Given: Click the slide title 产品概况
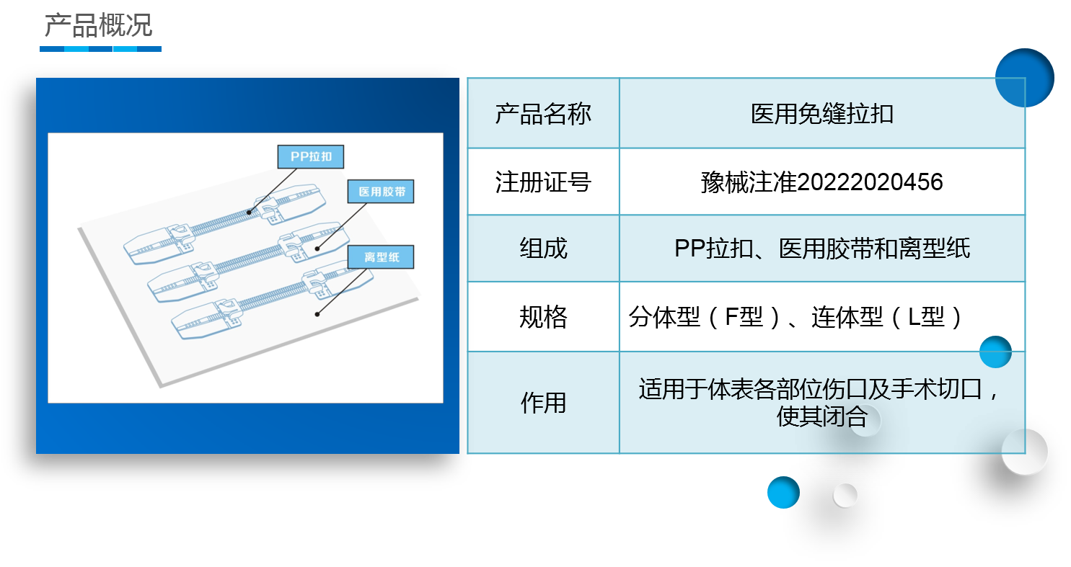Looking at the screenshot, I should click(98, 25).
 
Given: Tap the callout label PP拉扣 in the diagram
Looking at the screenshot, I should click(310, 156).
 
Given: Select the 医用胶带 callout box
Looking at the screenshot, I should click(380, 192).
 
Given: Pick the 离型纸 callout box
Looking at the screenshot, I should click(380, 257).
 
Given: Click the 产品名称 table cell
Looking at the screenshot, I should click(543, 114).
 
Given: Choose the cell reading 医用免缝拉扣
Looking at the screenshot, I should click(822, 114).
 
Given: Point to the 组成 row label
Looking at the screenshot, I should click(543, 249).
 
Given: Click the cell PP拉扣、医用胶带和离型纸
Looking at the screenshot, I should click(822, 249).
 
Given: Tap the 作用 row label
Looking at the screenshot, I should click(543, 403).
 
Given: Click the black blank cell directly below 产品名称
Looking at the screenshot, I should click(543, 182).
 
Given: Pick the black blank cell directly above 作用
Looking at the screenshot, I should click(543, 316).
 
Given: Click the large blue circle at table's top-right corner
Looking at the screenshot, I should click(1024, 78).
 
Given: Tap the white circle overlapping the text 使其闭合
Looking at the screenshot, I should click(865, 420).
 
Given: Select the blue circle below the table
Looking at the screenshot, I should click(783, 493).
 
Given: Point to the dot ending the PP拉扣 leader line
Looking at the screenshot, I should click(249, 212).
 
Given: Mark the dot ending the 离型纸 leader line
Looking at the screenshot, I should click(317, 314).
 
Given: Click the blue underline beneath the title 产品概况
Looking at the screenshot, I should click(100, 49).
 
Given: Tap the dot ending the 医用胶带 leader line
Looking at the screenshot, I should click(317, 249).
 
